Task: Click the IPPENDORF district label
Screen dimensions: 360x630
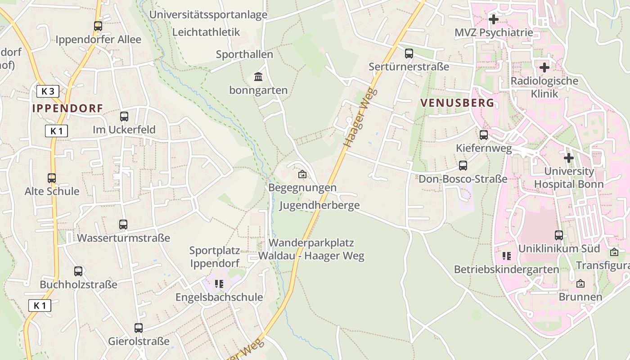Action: tap(67, 108)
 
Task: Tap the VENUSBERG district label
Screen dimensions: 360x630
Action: tap(457, 103)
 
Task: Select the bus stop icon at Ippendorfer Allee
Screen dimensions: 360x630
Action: tap(98, 26)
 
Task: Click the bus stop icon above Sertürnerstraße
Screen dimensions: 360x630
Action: tap(409, 54)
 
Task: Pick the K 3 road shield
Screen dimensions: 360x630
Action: tap(48, 91)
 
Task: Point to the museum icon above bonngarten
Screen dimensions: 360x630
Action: tap(258, 77)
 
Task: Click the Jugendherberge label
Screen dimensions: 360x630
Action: tap(319, 206)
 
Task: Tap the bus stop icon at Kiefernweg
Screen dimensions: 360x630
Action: tap(484, 135)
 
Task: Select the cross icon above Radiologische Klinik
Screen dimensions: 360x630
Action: tap(544, 67)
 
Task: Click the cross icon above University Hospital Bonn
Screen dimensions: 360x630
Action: tap(569, 158)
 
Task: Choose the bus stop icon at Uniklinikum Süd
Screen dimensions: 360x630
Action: tap(559, 235)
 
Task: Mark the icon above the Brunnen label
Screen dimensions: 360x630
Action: tap(580, 283)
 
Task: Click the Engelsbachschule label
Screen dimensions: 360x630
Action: tap(219, 297)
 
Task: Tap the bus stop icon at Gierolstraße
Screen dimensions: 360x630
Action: tap(139, 328)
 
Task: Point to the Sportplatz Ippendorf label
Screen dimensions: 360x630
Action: tap(215, 256)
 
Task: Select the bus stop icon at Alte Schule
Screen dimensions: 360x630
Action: tap(52, 178)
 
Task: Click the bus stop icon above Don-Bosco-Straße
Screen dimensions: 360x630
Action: tap(463, 166)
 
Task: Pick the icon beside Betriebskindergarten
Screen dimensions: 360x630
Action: tap(507, 256)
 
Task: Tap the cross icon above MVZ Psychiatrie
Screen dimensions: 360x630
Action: tap(494, 19)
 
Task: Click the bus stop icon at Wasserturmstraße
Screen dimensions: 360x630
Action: tap(123, 224)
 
